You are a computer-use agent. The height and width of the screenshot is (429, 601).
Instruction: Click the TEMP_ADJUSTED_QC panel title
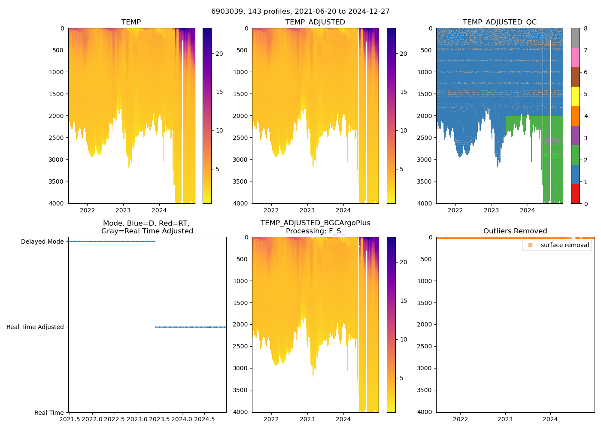click(499, 22)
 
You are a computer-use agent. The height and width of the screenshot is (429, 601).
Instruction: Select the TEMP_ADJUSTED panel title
click(315, 22)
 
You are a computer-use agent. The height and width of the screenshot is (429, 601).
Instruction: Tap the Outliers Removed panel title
click(515, 231)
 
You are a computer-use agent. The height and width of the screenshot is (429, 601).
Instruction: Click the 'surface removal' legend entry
click(565, 245)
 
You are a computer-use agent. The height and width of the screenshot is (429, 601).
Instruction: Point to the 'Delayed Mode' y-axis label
click(42, 242)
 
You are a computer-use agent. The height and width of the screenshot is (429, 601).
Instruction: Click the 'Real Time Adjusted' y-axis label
click(35, 327)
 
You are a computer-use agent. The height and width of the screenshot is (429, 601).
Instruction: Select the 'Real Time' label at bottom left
click(49, 413)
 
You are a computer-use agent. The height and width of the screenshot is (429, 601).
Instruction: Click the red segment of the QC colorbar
click(575, 193)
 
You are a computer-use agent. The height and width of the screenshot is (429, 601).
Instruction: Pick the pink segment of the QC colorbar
click(575, 57)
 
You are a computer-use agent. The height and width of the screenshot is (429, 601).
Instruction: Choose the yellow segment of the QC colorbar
click(575, 96)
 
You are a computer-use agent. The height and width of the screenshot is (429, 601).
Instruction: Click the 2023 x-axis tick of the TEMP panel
click(123, 210)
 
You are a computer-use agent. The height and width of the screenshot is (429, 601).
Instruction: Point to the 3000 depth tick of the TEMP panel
click(56, 160)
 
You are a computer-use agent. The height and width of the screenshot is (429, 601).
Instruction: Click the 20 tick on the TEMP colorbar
click(219, 54)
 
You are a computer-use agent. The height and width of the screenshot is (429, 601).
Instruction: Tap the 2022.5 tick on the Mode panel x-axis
click(115, 419)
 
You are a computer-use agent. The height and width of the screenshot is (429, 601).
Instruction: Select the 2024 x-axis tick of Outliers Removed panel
click(550, 419)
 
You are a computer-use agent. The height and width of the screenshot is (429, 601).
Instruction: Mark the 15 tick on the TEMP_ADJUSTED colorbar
click(403, 92)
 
